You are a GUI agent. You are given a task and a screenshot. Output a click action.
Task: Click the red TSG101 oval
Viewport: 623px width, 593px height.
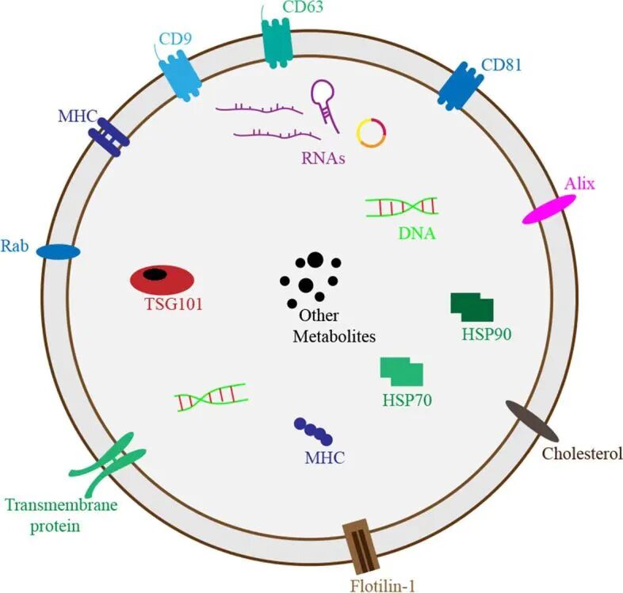pos(162,277)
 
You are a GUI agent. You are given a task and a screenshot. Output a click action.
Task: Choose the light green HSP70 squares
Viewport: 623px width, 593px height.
pos(401,370)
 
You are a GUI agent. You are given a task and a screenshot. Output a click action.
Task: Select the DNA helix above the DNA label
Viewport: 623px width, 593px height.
pos(401,206)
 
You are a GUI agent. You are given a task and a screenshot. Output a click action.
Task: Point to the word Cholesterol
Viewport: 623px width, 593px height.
pos(581,453)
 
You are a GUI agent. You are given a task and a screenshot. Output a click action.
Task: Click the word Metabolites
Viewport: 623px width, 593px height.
pos(334,335)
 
